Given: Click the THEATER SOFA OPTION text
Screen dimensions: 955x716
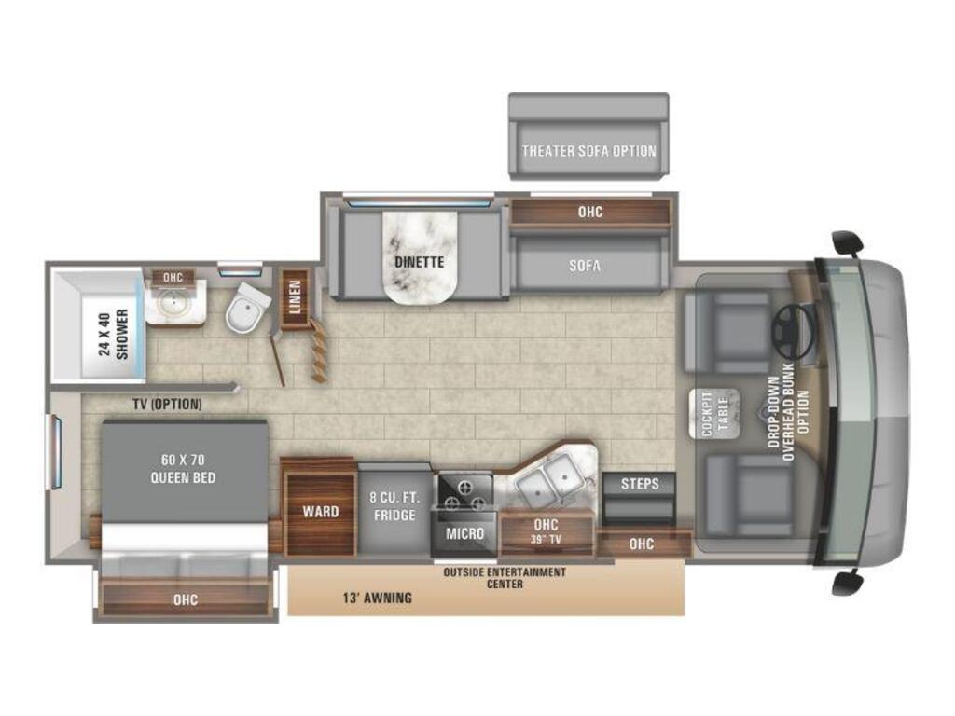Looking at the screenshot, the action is [589, 151].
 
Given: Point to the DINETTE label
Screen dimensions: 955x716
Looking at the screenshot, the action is [419, 262].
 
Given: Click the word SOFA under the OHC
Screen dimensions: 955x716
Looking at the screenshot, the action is [585, 266].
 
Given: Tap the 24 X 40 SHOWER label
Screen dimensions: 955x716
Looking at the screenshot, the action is [113, 335].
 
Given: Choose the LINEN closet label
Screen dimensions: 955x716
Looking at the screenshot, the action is [295, 296].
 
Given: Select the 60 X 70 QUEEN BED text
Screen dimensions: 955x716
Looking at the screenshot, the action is [183, 469].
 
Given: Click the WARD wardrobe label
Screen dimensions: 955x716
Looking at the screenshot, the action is [321, 512].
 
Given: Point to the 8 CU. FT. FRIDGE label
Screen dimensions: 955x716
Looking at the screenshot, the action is [394, 506].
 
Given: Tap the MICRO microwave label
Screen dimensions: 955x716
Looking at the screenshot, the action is [464, 534].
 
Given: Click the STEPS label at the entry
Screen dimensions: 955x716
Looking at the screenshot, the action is [640, 484].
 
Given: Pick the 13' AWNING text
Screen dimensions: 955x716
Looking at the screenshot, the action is [377, 598].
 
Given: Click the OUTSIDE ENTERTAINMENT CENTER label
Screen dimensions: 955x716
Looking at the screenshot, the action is [505, 578].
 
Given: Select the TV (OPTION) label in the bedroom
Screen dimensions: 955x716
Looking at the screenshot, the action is [167, 404].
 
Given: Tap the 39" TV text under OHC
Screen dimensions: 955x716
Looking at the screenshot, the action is [546, 539].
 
